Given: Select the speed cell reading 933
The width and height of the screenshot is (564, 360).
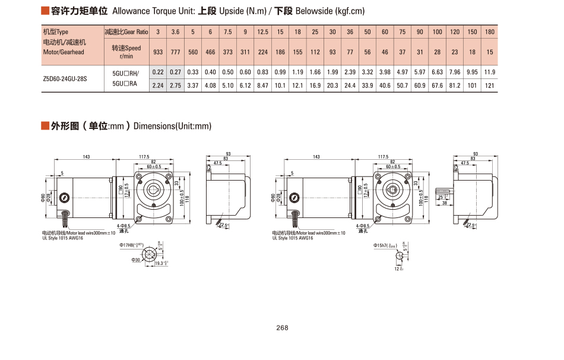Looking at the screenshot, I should coord(158,52).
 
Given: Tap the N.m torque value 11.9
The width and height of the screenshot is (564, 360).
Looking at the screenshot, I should coord(490,72).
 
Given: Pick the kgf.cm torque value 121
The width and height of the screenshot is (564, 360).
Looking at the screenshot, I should coord(490,86).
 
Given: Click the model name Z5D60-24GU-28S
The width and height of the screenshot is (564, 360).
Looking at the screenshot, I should coord(65,78).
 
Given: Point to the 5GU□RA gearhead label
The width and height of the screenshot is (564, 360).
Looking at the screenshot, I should coord(125,85).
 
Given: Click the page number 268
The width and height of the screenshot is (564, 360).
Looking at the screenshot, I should coord(282,328).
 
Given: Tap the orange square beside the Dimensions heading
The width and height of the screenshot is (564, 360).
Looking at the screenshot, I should coord(45,126).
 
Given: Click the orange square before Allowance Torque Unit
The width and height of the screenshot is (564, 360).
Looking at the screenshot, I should coord(45,11).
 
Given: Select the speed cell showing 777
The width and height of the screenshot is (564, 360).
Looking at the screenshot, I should coord(176,52).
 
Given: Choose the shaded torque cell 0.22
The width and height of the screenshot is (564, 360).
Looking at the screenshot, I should coord(158,72).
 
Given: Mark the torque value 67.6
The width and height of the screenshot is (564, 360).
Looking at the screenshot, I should coord(438,86).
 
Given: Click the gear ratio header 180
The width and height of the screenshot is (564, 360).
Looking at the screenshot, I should coord(490,31).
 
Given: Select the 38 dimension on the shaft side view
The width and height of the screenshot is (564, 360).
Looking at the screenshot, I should coord(445,203).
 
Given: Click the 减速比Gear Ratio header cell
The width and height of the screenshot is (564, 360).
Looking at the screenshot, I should coord(126,31).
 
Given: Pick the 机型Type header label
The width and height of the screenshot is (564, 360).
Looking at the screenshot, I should coord(56,31).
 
